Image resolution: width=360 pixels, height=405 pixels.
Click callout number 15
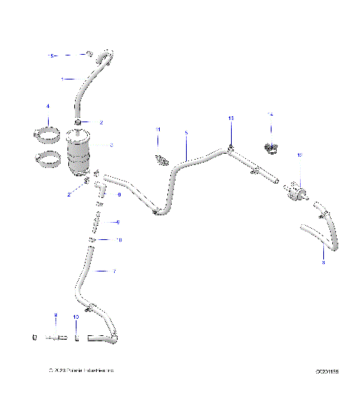click(51, 55)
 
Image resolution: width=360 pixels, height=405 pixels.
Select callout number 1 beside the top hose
click(63, 78)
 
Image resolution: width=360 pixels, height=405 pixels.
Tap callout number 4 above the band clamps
click(48, 106)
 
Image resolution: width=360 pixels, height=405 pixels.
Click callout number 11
click(158, 130)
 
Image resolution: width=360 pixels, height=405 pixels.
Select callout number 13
click(231, 118)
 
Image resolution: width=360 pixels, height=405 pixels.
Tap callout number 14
click(271, 113)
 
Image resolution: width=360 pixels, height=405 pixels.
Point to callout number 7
click(114, 271)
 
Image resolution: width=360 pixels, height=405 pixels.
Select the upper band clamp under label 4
click(49, 136)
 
